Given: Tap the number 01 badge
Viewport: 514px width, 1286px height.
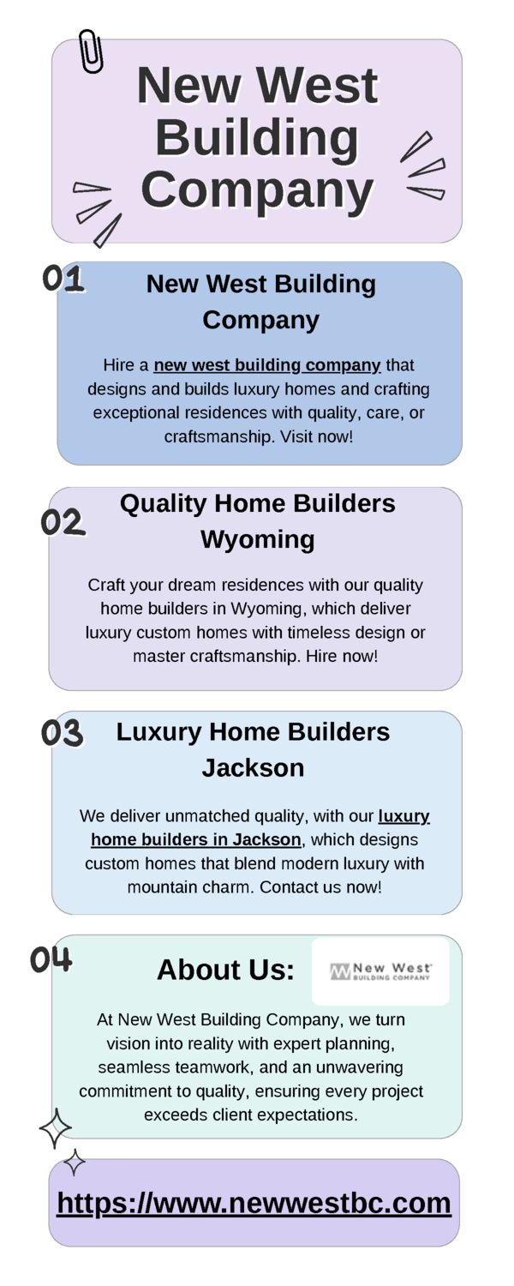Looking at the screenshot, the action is pyautogui.click(x=63, y=279).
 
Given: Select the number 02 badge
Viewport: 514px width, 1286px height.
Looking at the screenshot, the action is pyautogui.click(x=63, y=522).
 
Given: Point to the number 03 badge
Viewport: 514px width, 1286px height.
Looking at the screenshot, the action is pyautogui.click(x=62, y=733).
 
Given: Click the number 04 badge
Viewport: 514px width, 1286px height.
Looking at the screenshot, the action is pyautogui.click(x=51, y=959).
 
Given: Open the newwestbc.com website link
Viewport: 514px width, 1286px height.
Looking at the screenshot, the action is pyautogui.click(x=254, y=1202).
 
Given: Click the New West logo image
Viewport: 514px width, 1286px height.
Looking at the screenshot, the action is pyautogui.click(x=380, y=971).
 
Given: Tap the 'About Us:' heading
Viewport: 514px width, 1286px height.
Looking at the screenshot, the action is pyautogui.click(x=225, y=970).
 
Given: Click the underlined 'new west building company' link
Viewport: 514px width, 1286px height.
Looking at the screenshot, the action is pyautogui.click(x=267, y=365).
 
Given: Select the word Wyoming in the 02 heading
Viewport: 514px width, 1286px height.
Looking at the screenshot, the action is pyautogui.click(x=258, y=539).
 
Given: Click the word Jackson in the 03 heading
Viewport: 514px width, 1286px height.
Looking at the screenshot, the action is pyautogui.click(x=253, y=767).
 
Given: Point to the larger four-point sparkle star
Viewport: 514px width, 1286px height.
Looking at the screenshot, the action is pyautogui.click(x=55, y=1128).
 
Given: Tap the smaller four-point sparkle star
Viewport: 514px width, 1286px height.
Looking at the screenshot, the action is pyautogui.click(x=74, y=1163).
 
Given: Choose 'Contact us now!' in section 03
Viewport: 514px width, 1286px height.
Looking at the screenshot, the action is pyautogui.click(x=320, y=887).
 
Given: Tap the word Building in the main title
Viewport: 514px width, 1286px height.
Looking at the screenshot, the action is pyautogui.click(x=257, y=138).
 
